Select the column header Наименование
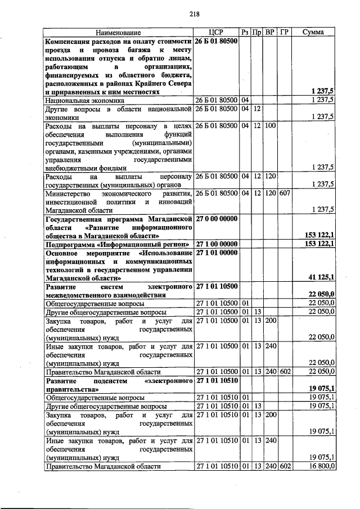pos(118,33)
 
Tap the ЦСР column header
pos(216,33)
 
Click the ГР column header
pos(284,33)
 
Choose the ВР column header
pos(270,33)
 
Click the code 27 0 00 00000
pos(217,218)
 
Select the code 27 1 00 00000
pos(217,244)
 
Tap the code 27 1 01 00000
pos(217,253)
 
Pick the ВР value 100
pos(270,125)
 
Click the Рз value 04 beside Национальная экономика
pos(245,100)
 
